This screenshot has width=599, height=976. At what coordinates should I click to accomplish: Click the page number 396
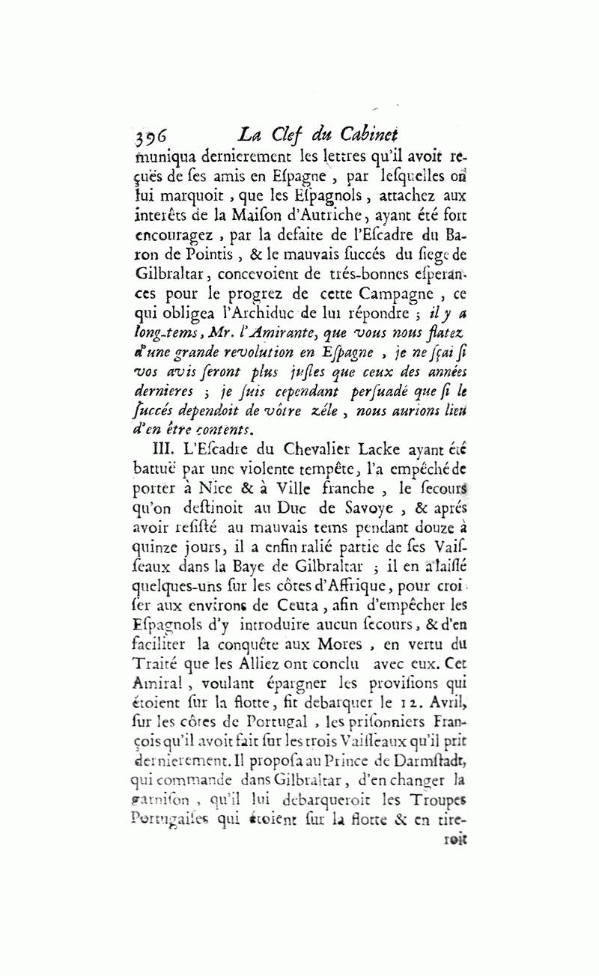153,135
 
